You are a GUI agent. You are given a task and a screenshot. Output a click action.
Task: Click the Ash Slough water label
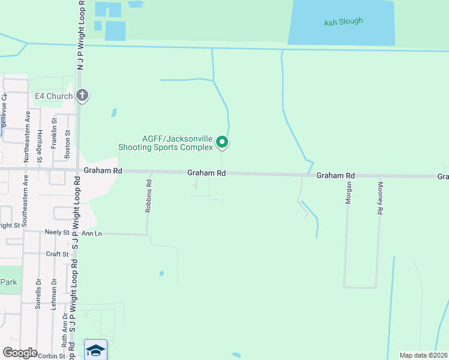[x=343, y=22]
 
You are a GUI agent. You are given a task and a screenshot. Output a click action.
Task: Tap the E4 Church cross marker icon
[x=82, y=96]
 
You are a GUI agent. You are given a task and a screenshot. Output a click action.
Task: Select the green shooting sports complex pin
[x=223, y=142]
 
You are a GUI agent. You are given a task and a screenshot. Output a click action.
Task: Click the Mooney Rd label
[x=380, y=199]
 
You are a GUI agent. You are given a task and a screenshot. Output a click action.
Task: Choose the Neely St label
[x=57, y=232]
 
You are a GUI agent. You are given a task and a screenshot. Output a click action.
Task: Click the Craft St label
[x=58, y=254]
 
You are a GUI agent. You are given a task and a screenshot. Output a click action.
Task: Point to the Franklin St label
[x=54, y=130]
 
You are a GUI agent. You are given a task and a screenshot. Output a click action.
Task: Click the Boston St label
[x=67, y=145]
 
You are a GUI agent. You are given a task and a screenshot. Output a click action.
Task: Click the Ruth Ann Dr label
[x=64, y=336]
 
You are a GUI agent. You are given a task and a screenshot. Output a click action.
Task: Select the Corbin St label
[x=53, y=356]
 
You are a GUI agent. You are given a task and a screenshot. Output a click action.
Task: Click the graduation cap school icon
[x=95, y=349]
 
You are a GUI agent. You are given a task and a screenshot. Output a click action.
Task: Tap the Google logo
[x=20, y=353]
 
